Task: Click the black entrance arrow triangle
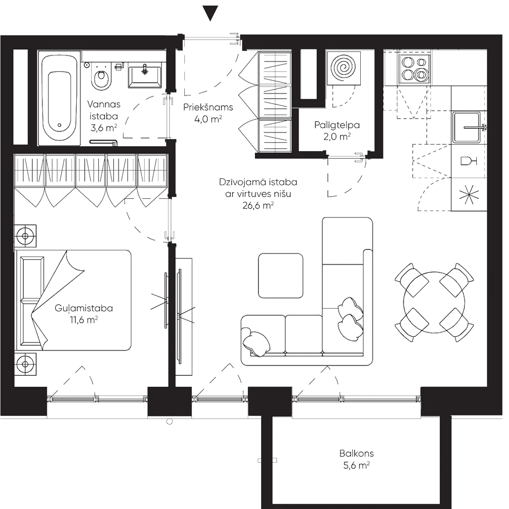coord(211,13)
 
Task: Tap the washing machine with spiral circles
coord(344,68)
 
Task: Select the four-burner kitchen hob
coord(414,68)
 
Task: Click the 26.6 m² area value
coord(258,205)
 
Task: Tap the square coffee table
coord(280,275)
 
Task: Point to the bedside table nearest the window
coord(25,363)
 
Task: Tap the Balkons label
coord(356,454)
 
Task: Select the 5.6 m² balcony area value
coord(356,466)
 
